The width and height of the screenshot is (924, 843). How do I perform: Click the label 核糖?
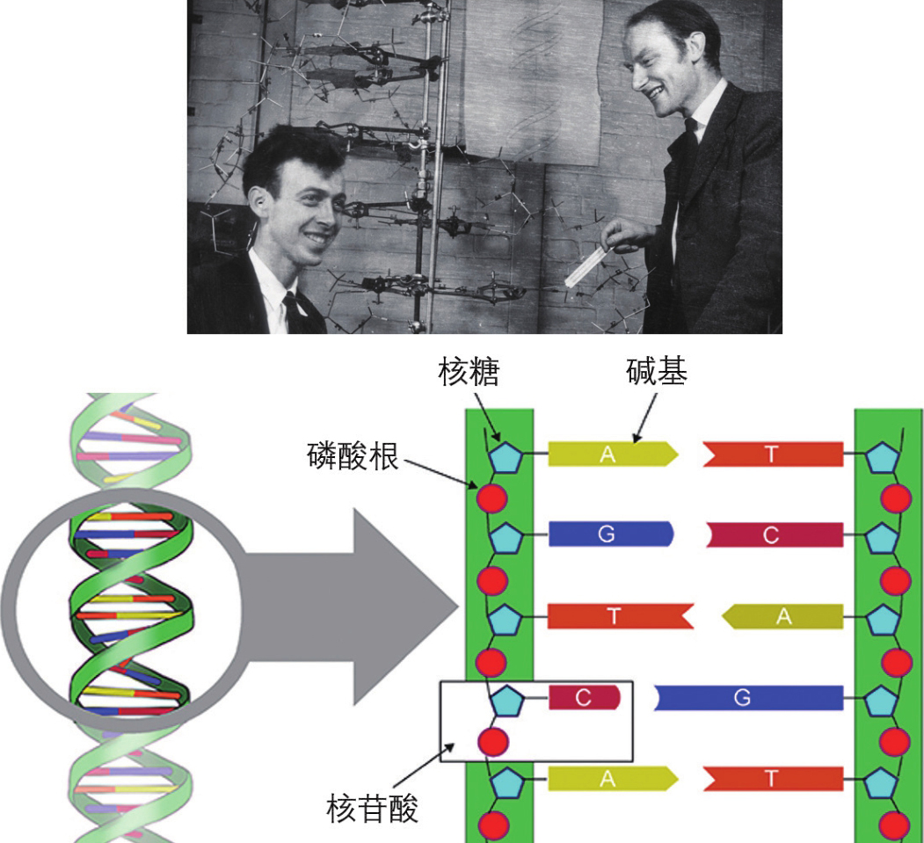click(x=469, y=374)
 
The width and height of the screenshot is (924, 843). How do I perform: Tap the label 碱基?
click(x=656, y=373)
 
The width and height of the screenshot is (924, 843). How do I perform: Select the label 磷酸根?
click(x=353, y=455)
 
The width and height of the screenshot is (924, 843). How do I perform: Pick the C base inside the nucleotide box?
click(x=584, y=698)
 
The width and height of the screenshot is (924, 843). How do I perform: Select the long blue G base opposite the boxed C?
click(x=748, y=698)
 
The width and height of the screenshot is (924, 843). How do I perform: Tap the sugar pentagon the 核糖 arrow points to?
click(x=506, y=456)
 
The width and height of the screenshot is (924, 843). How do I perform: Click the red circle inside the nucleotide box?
click(x=493, y=742)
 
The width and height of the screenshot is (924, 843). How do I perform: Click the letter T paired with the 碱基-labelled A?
click(x=771, y=454)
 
